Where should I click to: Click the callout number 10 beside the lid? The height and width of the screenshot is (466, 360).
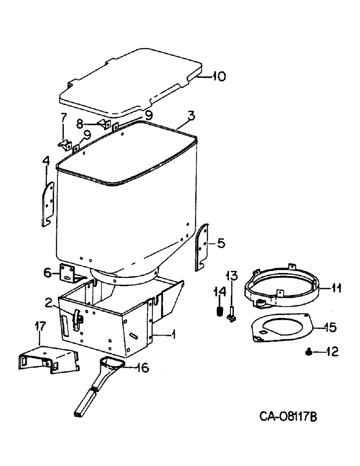click(x=217, y=76)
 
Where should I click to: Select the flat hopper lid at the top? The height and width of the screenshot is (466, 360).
click(x=131, y=82)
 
